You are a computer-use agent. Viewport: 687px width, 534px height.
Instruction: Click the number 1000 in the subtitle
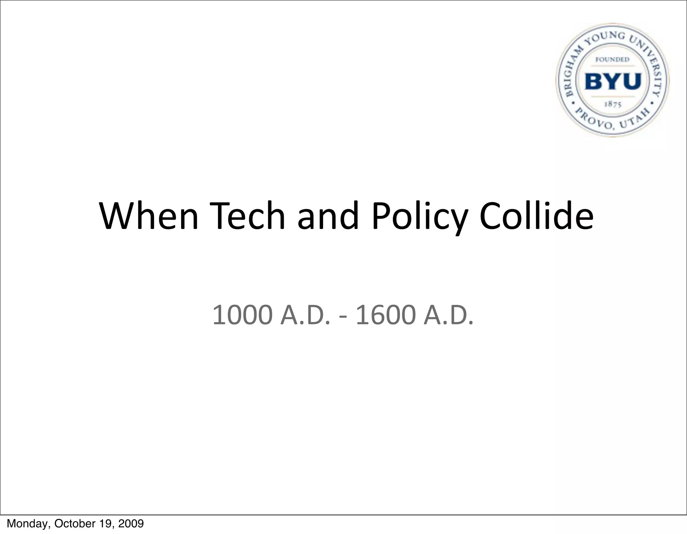point(242,315)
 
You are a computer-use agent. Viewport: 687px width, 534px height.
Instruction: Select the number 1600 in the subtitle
point(385,315)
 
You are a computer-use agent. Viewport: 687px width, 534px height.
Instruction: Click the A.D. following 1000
point(305,315)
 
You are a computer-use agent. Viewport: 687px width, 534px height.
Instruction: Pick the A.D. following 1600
point(448,315)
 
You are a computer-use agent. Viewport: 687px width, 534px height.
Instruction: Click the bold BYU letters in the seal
point(613,81)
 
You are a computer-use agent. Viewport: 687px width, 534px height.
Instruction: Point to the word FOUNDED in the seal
point(612,60)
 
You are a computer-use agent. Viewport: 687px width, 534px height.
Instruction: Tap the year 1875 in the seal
point(613,104)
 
